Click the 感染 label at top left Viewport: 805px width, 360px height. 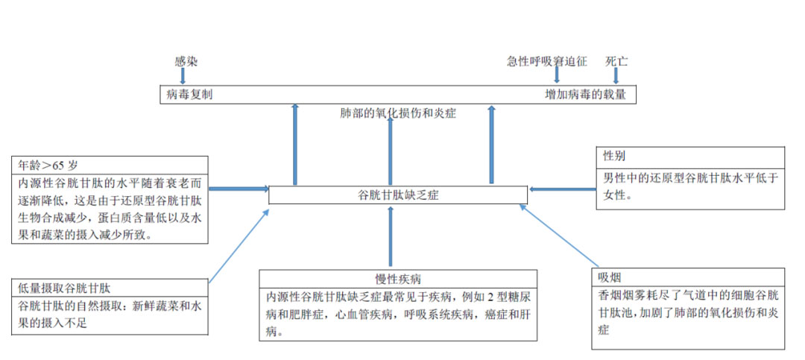pyautogui.click(x=186, y=61)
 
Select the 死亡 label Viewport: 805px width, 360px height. pyautogui.click(x=616, y=61)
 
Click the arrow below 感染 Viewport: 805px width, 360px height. pyautogui.click(x=183, y=75)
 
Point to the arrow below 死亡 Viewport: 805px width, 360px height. pyautogui.click(x=616, y=75)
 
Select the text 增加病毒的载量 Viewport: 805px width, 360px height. pyautogui.click(x=586, y=95)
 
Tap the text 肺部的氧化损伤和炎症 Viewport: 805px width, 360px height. pyautogui.click(x=397, y=114)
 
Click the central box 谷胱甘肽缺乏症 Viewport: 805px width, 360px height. pyautogui.click(x=397, y=195)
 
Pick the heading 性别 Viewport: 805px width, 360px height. pyautogui.click(x=614, y=157)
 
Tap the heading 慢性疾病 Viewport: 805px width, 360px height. pyautogui.click(x=398, y=279)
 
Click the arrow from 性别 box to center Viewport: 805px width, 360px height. pyautogui.click(x=563, y=189)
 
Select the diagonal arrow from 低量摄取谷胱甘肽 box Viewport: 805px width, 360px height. pyautogui.click(x=239, y=247)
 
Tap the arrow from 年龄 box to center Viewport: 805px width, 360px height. pyautogui.click(x=239, y=189)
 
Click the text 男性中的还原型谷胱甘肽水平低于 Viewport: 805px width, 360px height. pyautogui.click(x=690, y=177)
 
